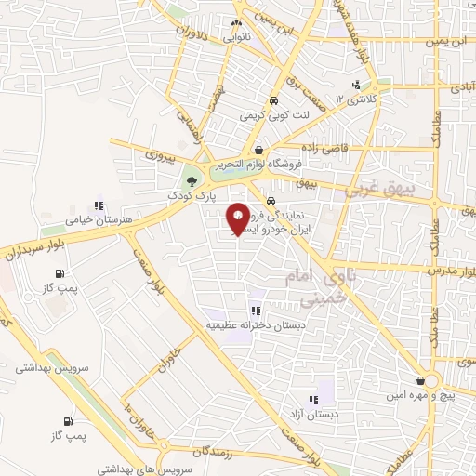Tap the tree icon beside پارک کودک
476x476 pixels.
pos(192,179)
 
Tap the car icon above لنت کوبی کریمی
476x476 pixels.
pos(272,101)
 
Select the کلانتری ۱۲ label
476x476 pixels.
pos(359,98)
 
